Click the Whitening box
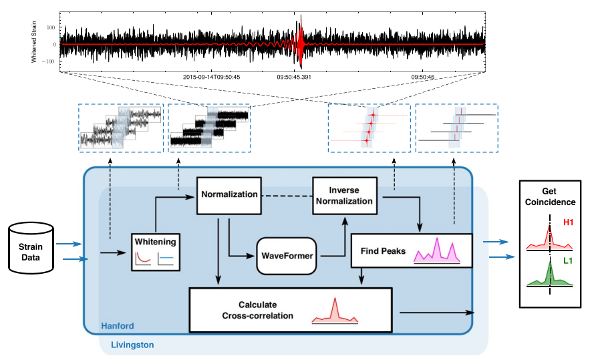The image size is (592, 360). (156, 252)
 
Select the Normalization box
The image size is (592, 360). (229, 196)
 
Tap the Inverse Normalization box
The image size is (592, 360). (345, 196)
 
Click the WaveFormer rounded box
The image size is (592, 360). (287, 256)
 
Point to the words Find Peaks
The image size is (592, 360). (383, 251)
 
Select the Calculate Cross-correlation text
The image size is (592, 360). (257, 310)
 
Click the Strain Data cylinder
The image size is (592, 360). (31, 248)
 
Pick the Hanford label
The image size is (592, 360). (118, 326)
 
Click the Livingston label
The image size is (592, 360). (132, 345)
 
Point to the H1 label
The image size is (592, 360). (568, 222)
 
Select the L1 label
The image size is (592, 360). (568, 260)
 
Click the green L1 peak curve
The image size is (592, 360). (550, 275)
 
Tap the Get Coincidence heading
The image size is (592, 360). (550, 196)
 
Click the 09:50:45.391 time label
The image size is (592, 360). (294, 77)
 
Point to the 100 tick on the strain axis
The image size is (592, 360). (51, 27)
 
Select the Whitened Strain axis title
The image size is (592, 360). (34, 42)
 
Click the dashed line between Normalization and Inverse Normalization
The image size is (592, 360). (287, 196)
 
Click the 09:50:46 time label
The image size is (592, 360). (423, 77)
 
